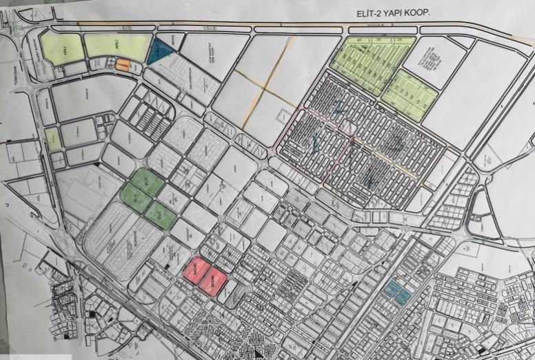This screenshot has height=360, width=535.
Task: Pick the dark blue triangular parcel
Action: point(159,52)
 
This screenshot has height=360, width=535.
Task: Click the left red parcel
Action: point(197,272)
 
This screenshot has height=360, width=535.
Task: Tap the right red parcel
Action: point(215,281)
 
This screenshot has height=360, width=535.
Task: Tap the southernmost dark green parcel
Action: point(160,214)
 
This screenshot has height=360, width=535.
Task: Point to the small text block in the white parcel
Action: point(431,61)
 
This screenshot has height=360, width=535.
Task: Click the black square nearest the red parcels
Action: point(169,266)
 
